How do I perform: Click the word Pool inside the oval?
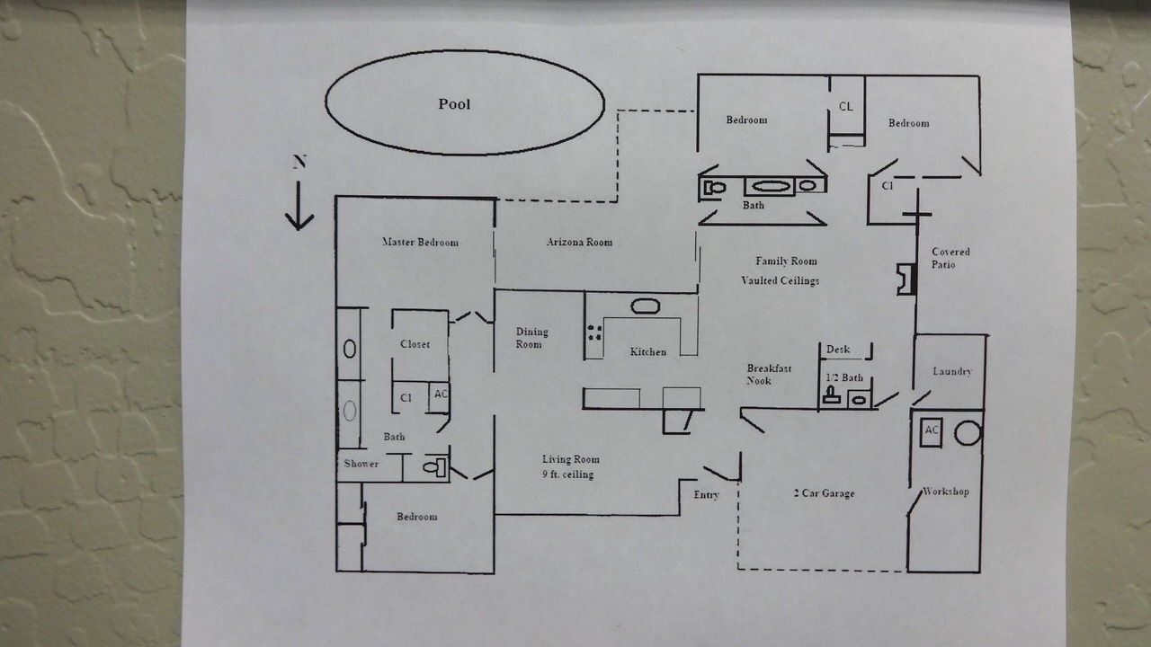click(x=454, y=104)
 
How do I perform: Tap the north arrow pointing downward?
click(x=299, y=206)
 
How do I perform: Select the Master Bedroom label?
click(x=420, y=242)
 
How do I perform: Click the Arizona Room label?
click(x=579, y=242)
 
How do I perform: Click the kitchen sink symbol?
click(x=646, y=306)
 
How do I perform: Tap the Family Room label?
click(x=786, y=261)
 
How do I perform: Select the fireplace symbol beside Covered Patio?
click(x=907, y=279)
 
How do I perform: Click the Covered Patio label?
click(x=950, y=258)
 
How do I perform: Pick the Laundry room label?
click(x=952, y=371)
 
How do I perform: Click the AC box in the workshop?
click(x=931, y=433)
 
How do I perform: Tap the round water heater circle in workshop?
click(x=968, y=433)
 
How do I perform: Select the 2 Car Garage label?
click(x=824, y=493)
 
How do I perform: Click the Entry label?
click(x=706, y=494)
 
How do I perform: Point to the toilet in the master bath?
click(x=434, y=467)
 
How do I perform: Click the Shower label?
click(x=361, y=463)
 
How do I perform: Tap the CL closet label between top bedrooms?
click(x=846, y=106)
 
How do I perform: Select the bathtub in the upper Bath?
click(x=770, y=186)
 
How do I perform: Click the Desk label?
click(x=837, y=350)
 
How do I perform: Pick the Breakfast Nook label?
click(x=769, y=375)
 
